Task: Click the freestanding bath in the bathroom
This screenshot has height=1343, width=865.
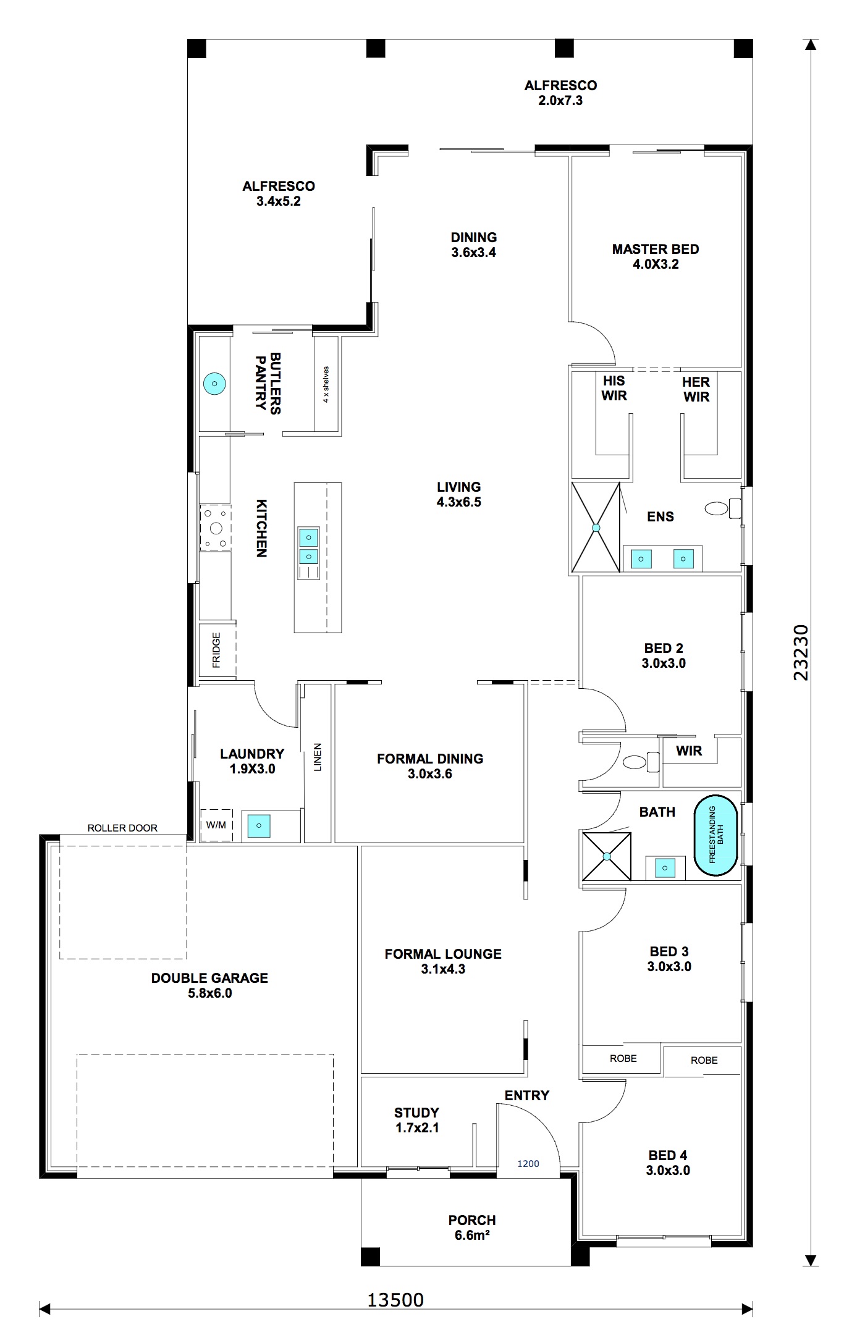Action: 716,835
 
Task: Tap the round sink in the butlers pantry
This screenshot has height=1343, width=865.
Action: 214,384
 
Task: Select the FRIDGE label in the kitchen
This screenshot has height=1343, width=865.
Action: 216,650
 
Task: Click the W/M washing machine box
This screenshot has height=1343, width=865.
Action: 216,825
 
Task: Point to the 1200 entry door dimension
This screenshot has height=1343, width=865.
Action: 528,1163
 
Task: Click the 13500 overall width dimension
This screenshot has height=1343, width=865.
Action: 395,1300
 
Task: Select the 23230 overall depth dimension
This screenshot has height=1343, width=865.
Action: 801,652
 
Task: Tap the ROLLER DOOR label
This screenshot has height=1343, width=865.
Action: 122,828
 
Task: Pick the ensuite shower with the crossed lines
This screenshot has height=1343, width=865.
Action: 596,528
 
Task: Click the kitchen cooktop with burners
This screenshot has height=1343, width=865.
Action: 215,528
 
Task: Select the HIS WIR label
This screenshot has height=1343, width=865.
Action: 614,388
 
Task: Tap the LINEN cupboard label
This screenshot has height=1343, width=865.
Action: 318,757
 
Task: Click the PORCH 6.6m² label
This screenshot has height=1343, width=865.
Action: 472,1227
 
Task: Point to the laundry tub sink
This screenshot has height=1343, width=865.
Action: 259,825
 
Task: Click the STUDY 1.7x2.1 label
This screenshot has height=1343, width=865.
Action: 416,1120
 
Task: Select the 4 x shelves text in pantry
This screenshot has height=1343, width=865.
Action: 326,384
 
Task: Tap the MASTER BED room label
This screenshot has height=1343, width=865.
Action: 656,256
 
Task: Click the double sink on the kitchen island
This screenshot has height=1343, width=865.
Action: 308,546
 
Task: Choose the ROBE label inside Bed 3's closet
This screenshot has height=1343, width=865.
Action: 623,1058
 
